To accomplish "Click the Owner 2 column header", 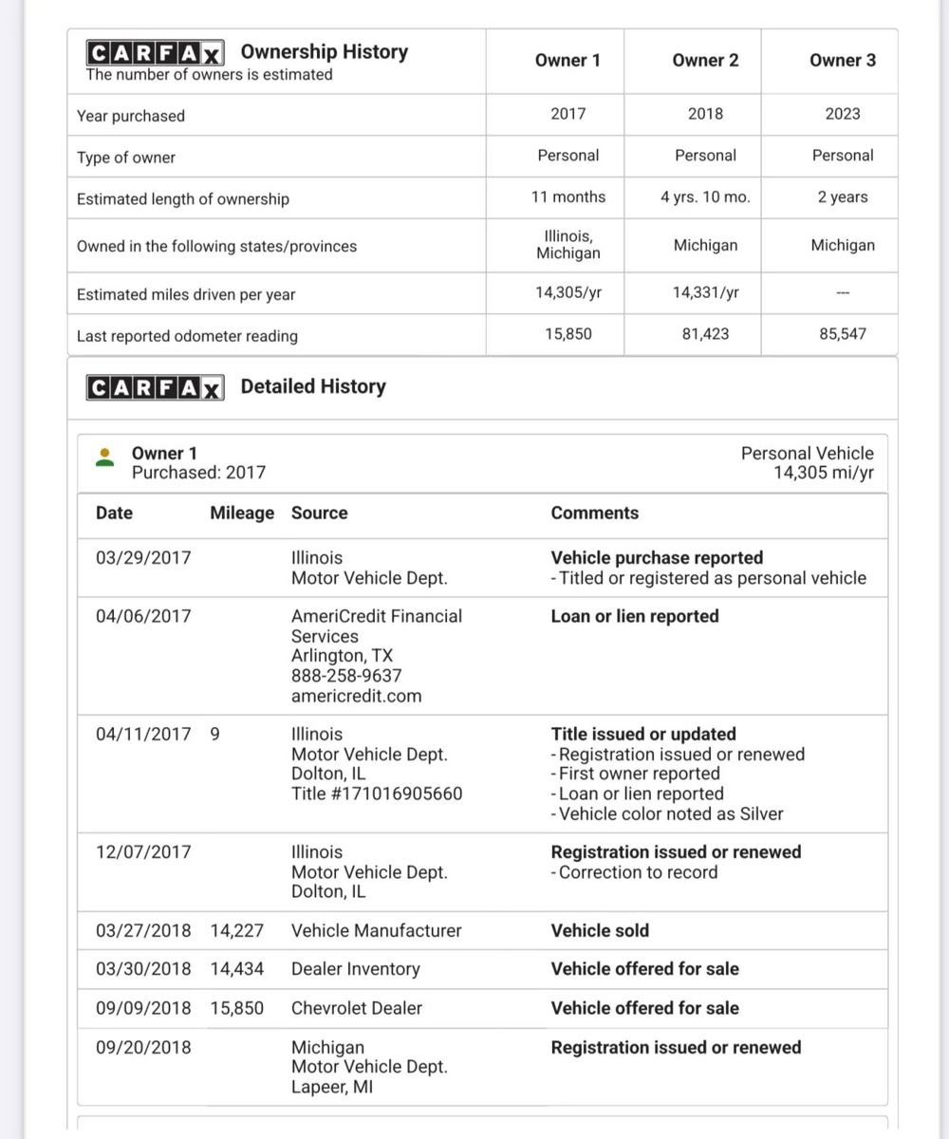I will [705, 61].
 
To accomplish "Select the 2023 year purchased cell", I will [843, 114].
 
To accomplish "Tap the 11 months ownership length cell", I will [568, 197].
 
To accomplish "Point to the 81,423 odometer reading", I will [705, 334].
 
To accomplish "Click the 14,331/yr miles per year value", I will [705, 293].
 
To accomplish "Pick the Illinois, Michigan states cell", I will [568, 244].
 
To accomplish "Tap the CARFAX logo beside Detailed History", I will [155, 387].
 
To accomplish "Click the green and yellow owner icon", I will [105, 457].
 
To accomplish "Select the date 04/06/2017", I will [143, 616].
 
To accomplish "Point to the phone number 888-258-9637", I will [346, 676].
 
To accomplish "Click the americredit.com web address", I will [356, 696].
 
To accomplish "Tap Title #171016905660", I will [377, 794].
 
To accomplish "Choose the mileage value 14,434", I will [237, 969].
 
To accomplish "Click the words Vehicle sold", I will [600, 930].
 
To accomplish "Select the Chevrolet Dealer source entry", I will [356, 1008].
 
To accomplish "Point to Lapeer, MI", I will [332, 1087].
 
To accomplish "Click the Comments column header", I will [595, 513].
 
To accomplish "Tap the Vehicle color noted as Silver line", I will [667, 813].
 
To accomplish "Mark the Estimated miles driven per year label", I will [186, 294].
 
